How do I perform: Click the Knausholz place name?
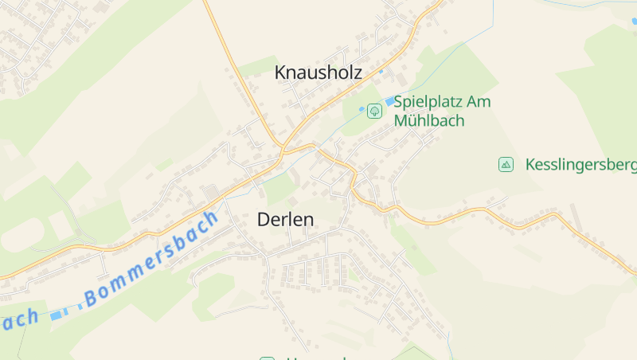(318, 72)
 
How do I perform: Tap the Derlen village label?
(285, 220)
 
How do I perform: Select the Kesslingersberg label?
(580, 166)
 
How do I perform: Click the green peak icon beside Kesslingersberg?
(506, 165)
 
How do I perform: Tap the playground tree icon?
(373, 112)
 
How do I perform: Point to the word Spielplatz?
(429, 103)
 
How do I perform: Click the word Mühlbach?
(429, 121)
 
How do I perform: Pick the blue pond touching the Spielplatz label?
(390, 101)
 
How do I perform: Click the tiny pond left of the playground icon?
(361, 109)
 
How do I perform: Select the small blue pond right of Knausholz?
(381, 72)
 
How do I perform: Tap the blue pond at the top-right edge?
(635, 22)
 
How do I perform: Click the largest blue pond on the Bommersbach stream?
(56, 315)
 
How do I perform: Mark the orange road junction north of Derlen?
(282, 149)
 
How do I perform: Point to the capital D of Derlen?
(264, 220)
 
